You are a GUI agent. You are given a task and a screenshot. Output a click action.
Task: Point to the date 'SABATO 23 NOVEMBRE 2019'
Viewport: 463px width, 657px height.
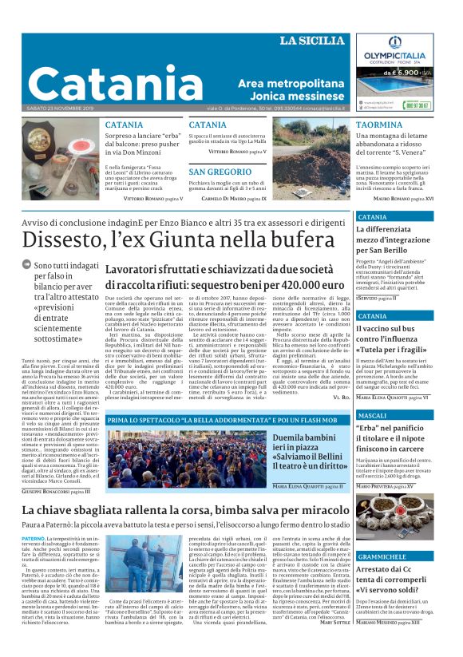tap(60, 108)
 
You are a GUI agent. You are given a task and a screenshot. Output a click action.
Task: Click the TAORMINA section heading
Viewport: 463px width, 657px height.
tap(379, 125)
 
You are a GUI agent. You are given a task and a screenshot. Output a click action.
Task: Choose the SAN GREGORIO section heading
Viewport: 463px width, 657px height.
tap(220, 172)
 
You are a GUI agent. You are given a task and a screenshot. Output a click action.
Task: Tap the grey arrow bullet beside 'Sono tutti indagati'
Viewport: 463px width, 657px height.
tap(27, 264)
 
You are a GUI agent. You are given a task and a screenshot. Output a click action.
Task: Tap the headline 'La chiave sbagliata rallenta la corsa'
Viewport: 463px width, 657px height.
tap(186, 510)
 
